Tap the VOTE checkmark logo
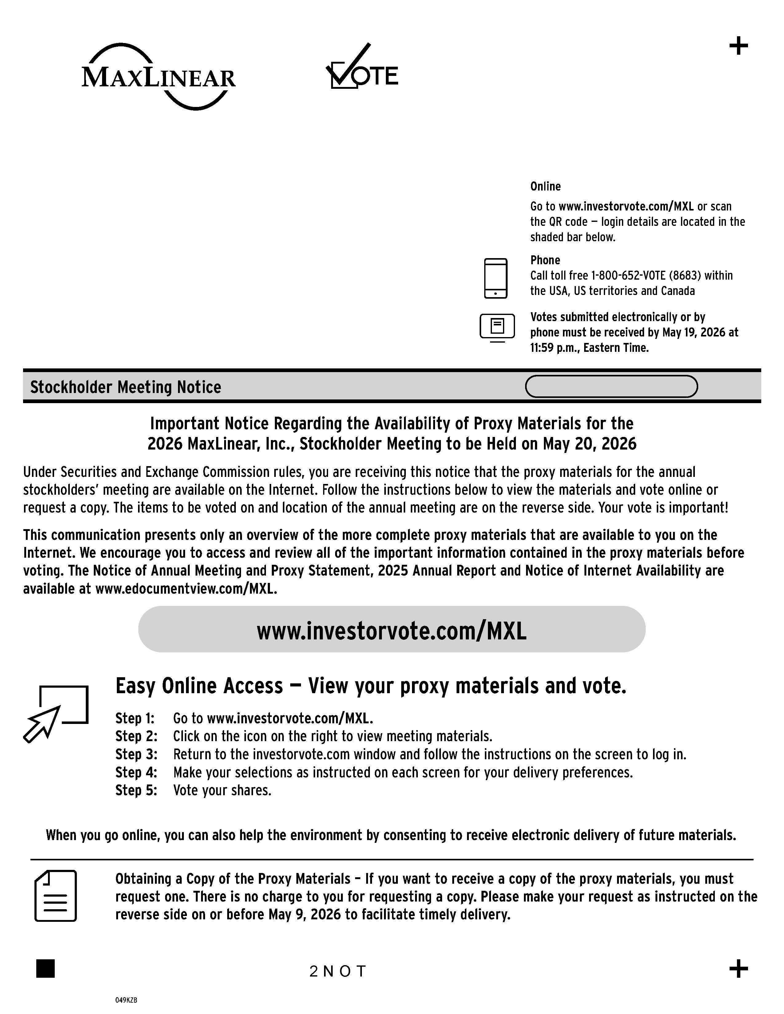(362, 68)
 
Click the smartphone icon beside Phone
(496, 278)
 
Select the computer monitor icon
(497, 327)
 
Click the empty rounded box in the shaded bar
(611, 386)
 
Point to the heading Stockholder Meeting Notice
(125, 387)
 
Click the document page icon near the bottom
(55, 896)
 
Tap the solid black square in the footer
(46, 969)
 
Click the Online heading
(545, 186)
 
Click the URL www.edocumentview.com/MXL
(186, 589)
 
